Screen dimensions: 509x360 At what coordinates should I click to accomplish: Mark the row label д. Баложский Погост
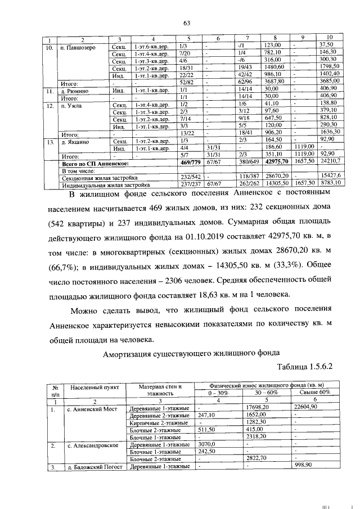point(94,466)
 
